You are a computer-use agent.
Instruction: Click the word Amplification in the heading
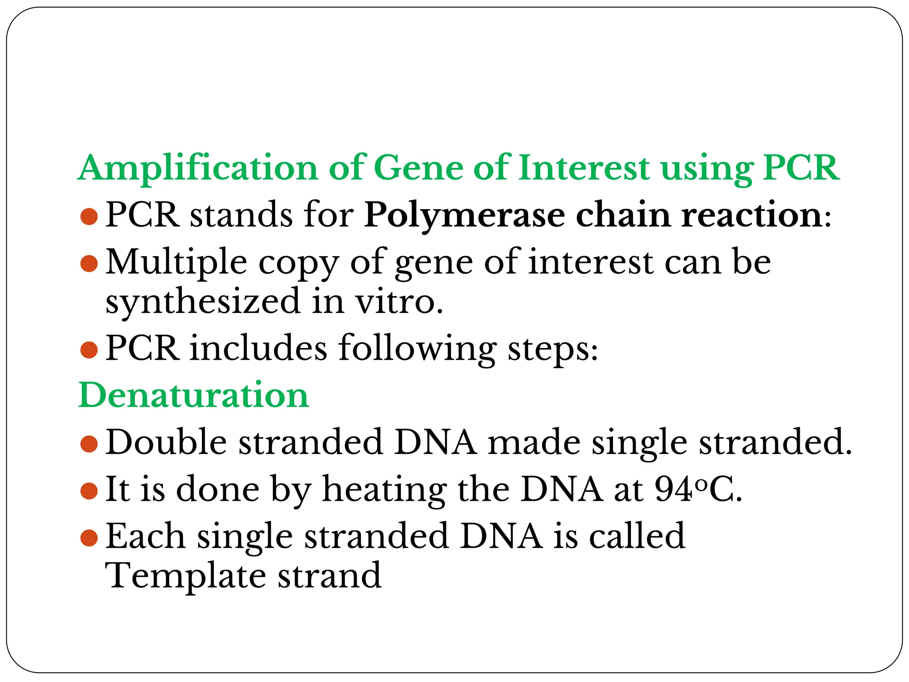(x=198, y=168)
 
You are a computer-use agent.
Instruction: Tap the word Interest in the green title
(x=584, y=168)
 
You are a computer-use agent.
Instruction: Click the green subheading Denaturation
(x=193, y=395)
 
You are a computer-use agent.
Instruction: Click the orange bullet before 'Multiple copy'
(x=89, y=264)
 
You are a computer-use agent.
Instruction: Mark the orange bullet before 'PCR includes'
(x=89, y=350)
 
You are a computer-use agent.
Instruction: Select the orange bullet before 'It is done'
(x=89, y=491)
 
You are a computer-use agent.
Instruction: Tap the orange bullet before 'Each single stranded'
(x=89, y=537)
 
